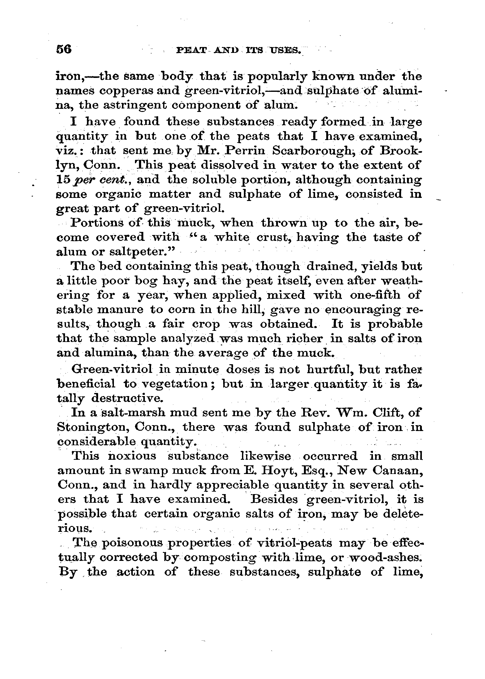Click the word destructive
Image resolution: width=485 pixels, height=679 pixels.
[x=127, y=398]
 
